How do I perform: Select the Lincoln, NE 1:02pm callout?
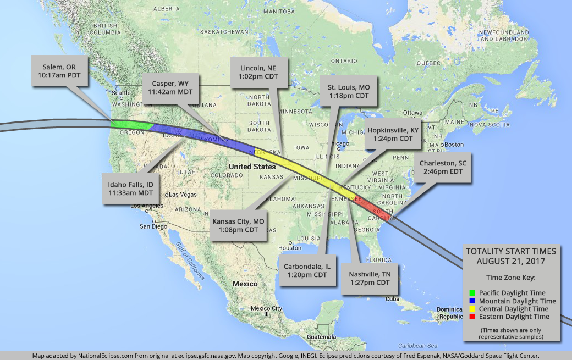click(x=258, y=73)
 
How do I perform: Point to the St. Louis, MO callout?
click(x=349, y=92)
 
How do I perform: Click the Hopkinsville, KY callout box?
click(x=393, y=135)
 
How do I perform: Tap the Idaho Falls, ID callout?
click(x=130, y=189)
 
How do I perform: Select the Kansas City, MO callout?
click(x=238, y=225)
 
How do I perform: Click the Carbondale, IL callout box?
click(x=307, y=270)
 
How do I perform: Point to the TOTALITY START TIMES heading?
click(x=510, y=255)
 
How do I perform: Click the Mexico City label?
click(x=266, y=308)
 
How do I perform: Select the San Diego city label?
click(x=152, y=226)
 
